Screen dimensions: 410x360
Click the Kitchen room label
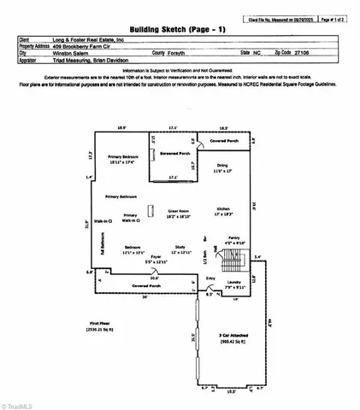[x=224, y=210]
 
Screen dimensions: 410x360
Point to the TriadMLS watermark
[x=22, y=401]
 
